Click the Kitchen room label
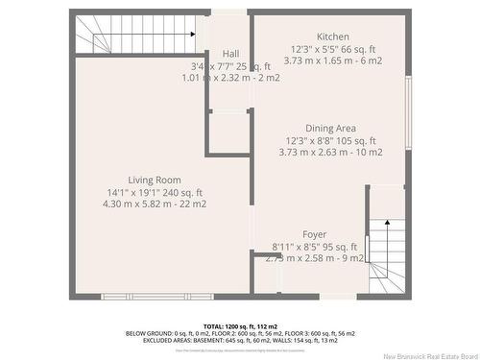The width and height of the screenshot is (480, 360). pos(326,36)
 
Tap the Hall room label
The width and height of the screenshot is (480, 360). pos(230,54)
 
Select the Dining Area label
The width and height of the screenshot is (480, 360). pos(330,128)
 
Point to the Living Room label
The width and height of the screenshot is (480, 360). pos(155,180)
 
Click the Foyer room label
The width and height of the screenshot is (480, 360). pos(314,234)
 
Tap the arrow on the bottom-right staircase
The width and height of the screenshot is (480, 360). pos(387,225)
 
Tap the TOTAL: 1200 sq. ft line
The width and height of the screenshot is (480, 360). pos(239,327)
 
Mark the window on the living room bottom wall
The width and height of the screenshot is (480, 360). pos(144,295)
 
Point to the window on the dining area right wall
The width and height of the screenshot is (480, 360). pos(407,106)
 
